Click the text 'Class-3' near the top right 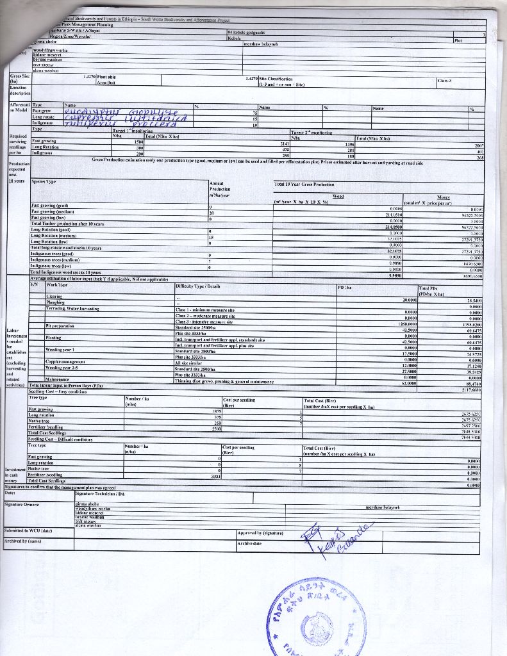[x=445, y=81]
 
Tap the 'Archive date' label [x=249, y=543]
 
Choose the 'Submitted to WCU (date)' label [x=29, y=530]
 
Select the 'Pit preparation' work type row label [x=60, y=326]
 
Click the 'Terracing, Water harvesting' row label [x=72, y=308]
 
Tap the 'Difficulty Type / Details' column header [x=198, y=286]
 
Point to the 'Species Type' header [x=44, y=182]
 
